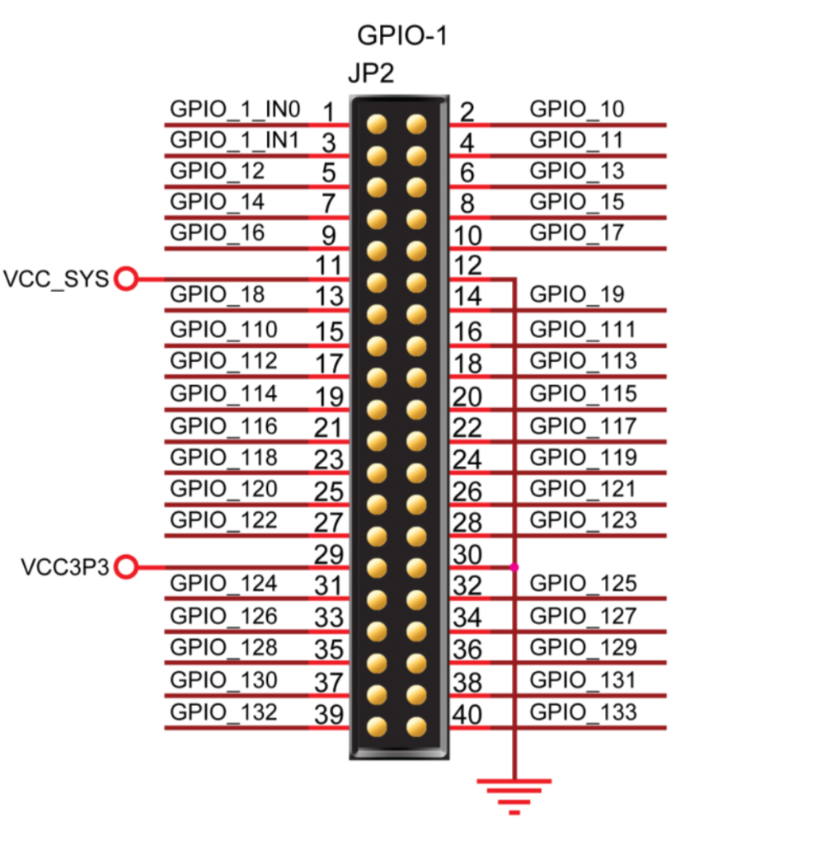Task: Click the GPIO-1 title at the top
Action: click(403, 36)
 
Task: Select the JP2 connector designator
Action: click(371, 74)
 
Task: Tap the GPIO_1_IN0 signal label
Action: click(235, 109)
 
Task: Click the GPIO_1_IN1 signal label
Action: click(235, 140)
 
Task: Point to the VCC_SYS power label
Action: click(55, 279)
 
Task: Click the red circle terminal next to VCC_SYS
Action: click(125, 279)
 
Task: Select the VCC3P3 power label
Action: click(64, 567)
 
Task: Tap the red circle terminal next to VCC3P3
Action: click(125, 567)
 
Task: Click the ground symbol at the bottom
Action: click(515, 796)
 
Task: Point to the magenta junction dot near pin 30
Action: click(515, 567)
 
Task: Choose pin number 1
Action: click(328, 111)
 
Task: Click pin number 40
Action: click(467, 714)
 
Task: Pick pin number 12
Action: click(467, 265)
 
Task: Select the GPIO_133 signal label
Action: click(583, 711)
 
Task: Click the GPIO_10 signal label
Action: click(577, 109)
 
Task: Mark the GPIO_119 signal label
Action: click(583, 457)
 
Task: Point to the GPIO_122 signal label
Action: click(223, 519)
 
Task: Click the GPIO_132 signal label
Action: click(223, 711)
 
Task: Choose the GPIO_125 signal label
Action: click(583, 584)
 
